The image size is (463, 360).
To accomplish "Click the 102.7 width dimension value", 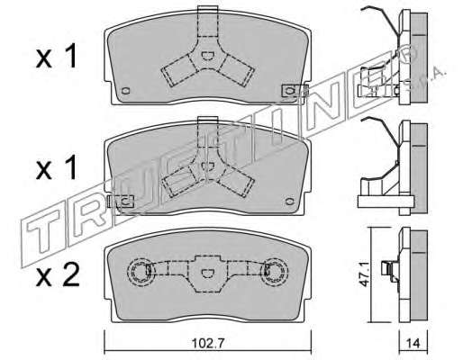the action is (x=208, y=343).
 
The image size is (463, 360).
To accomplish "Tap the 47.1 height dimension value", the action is (x=365, y=275).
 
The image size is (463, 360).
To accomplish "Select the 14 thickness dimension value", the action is (x=413, y=343).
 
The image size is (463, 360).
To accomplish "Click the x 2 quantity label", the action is (x=58, y=274).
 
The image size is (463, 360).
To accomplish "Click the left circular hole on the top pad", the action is (x=126, y=91).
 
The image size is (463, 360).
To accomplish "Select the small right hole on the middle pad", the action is (x=289, y=202).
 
